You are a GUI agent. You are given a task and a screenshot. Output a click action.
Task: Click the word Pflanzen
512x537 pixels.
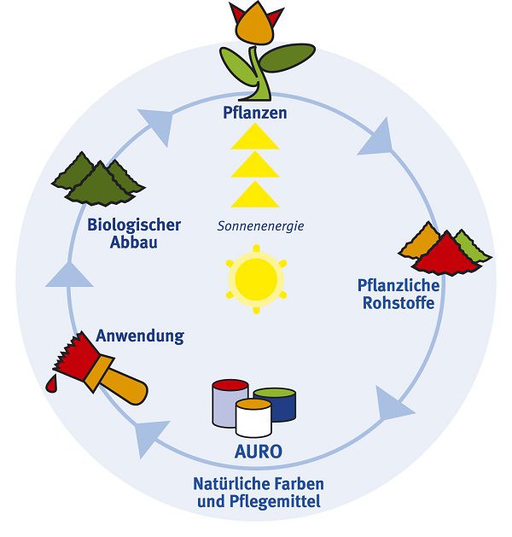(x=255, y=113)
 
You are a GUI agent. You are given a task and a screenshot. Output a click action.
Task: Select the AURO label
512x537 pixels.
(x=258, y=449)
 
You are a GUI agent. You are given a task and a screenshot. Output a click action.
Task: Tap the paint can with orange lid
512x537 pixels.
(x=253, y=418)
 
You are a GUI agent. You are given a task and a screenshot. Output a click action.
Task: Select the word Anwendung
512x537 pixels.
(x=140, y=336)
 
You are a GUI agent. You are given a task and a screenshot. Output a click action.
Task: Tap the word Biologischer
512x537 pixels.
(x=134, y=225)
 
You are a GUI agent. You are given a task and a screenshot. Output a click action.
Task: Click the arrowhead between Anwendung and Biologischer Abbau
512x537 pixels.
(x=67, y=273)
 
